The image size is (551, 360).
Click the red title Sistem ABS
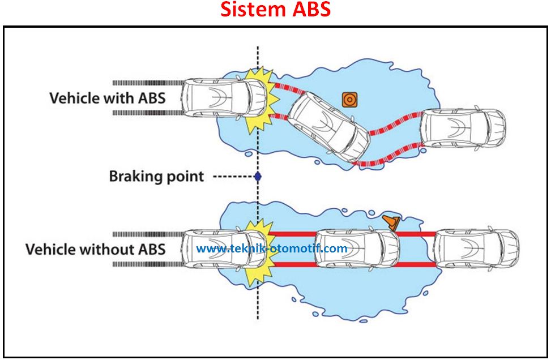(x=275, y=9)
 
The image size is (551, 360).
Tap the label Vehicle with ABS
(x=108, y=98)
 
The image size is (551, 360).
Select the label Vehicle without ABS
(x=96, y=249)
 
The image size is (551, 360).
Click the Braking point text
(x=156, y=176)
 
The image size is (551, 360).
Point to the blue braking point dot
(x=258, y=176)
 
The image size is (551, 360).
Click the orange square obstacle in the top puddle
(x=349, y=100)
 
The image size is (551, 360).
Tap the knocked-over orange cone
(x=392, y=222)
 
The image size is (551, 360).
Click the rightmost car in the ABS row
(x=463, y=127)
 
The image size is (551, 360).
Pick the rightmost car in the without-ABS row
(x=476, y=249)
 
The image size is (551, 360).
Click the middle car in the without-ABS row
(x=357, y=249)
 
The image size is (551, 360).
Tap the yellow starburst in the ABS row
(x=262, y=101)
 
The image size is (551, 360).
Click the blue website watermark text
(x=272, y=248)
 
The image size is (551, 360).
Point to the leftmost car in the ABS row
(x=225, y=98)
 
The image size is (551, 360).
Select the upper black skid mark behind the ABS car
(x=148, y=83)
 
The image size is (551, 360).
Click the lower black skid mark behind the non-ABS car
(x=148, y=264)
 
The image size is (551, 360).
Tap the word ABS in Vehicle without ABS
(x=152, y=249)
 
